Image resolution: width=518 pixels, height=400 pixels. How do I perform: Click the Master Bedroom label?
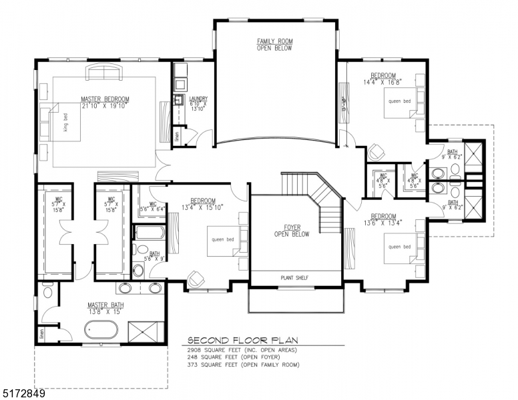pos(105,99)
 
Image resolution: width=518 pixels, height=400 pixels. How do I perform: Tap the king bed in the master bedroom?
pos(64,123)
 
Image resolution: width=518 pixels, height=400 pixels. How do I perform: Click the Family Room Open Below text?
pos(274,45)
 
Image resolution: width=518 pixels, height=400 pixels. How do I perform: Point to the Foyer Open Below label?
pos(292,231)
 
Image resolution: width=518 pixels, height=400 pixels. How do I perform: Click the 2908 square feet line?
pos(241,350)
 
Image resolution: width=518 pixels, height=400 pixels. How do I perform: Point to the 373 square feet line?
pos(242,365)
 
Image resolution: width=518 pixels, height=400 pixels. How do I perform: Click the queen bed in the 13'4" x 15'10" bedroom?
pos(223,240)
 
